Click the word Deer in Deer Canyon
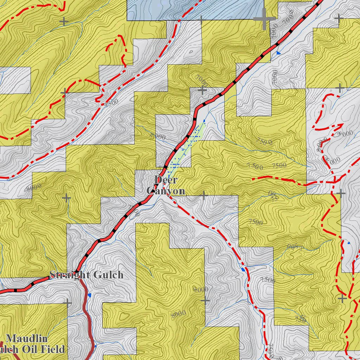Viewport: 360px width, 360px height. click(166, 180)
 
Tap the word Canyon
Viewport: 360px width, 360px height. click(166, 191)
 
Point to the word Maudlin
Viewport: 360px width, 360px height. click(27, 339)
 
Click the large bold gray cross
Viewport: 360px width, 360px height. click(264, 19)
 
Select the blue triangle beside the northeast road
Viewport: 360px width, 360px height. click(278, 53)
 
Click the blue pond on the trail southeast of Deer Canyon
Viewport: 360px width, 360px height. click(243, 270)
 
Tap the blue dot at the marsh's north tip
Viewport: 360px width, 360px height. click(204, 121)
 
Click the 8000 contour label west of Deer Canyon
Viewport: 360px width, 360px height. click(34, 187)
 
